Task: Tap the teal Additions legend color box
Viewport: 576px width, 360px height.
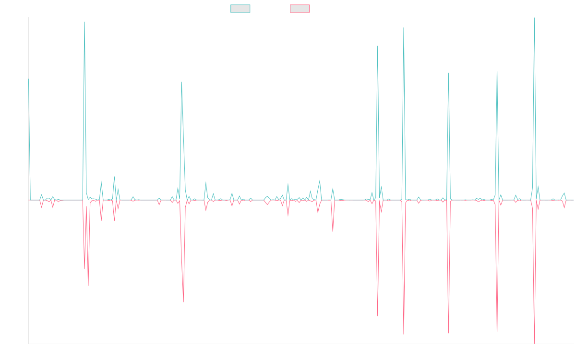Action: [240, 9]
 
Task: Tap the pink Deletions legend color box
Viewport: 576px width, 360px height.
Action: [300, 9]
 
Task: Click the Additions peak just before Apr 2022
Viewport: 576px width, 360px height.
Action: [181, 82]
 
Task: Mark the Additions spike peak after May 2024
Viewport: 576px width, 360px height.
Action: [404, 28]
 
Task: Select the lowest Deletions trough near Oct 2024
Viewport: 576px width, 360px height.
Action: [448, 333]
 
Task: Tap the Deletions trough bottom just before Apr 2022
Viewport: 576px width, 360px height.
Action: [183, 302]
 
